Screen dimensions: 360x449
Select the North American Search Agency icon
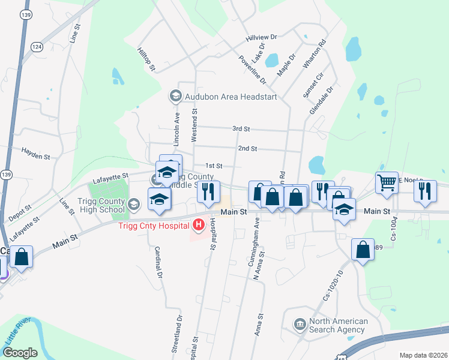(x=298, y=325)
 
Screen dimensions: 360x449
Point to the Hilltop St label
(x=146, y=60)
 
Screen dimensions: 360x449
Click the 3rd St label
(x=241, y=129)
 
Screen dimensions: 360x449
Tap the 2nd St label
(x=247, y=148)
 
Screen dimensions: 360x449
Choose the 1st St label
(x=214, y=166)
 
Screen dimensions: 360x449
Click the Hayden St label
(x=35, y=154)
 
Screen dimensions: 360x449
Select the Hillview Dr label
(x=261, y=38)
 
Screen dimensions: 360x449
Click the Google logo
(x=20, y=353)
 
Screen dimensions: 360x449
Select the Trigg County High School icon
(x=134, y=205)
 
